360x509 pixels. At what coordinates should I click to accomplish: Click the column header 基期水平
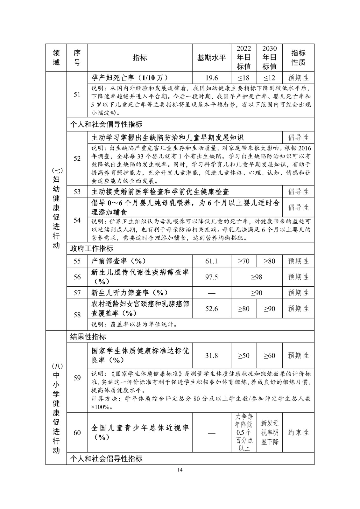211,58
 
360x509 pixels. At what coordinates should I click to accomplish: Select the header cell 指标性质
298,58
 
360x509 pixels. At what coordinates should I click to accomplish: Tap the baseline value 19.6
211,78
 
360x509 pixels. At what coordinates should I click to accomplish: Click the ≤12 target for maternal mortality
269,78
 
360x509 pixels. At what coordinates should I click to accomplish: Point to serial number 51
77,94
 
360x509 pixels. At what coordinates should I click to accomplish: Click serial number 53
77,192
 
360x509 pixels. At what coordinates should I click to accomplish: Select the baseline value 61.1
211,261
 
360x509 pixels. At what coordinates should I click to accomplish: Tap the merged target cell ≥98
257,277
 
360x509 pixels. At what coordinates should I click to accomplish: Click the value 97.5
211,277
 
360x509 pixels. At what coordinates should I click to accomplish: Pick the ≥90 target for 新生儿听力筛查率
257,293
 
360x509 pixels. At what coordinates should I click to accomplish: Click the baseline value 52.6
211,309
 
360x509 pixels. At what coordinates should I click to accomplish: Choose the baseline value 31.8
211,355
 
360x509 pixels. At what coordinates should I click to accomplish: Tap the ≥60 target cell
269,355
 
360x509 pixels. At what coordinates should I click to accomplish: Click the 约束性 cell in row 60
298,432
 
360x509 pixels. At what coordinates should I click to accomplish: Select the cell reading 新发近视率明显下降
269,432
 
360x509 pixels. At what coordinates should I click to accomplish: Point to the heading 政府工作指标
92,248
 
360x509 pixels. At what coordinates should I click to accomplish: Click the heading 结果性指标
88,337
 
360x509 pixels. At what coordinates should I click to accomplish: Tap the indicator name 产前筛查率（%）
119,261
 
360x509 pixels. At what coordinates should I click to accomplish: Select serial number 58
77,315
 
